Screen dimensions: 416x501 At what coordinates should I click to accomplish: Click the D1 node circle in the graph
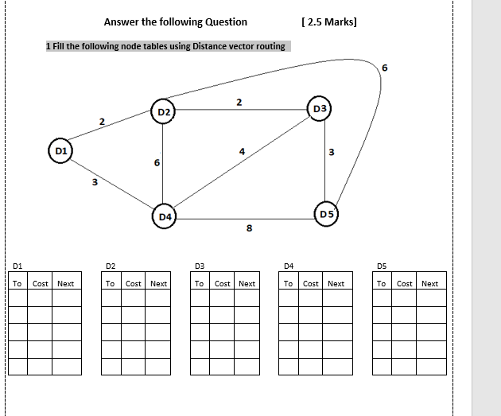(x=60, y=150)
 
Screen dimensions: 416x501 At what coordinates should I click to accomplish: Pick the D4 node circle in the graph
(x=165, y=216)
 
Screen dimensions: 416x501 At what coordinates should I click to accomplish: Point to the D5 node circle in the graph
(x=327, y=214)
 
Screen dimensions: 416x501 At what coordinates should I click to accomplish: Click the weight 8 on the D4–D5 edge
(x=249, y=229)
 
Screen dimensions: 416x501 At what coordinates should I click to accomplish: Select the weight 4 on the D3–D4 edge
(x=241, y=151)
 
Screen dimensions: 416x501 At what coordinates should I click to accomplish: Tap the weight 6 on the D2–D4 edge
(x=157, y=162)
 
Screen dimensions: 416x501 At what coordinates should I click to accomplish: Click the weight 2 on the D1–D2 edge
(x=102, y=122)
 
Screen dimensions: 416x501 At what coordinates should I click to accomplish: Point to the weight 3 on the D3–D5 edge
(x=331, y=152)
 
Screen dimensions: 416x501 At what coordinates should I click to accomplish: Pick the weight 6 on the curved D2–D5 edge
(x=386, y=68)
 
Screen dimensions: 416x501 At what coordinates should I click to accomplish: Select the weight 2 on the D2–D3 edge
(x=239, y=101)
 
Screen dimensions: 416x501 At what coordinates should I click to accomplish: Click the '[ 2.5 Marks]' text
(x=329, y=22)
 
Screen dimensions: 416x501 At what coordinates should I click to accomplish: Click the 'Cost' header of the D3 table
(x=223, y=284)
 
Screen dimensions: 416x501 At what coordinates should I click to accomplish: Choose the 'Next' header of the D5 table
(x=429, y=284)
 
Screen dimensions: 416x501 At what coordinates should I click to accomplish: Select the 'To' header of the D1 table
(x=17, y=284)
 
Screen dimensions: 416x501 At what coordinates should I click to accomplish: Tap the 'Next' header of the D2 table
(x=158, y=284)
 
